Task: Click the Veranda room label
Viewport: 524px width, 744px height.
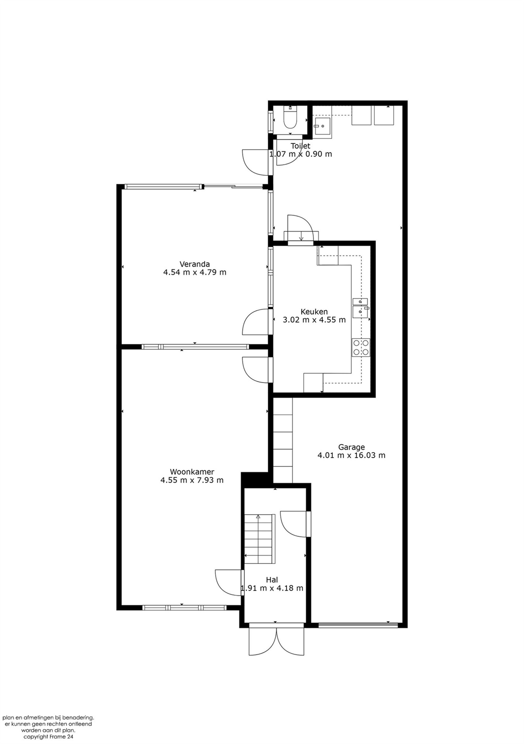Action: pyautogui.click(x=195, y=264)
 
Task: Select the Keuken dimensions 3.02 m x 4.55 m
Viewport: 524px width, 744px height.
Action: pyautogui.click(x=314, y=320)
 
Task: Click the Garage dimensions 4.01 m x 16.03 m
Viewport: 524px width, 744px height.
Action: pyautogui.click(x=351, y=455)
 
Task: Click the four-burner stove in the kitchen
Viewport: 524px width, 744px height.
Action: pyautogui.click(x=361, y=347)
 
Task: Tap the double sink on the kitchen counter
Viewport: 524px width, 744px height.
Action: pyautogui.click(x=361, y=306)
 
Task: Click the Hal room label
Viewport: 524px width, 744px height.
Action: pyautogui.click(x=272, y=580)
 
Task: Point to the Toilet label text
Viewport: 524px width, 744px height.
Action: pyautogui.click(x=300, y=146)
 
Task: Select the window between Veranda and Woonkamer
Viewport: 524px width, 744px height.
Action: pyautogui.click(x=195, y=347)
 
